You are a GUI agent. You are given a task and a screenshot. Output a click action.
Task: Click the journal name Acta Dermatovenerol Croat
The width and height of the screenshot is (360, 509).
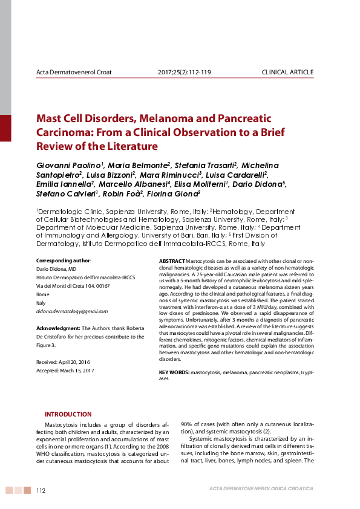click(x=74, y=73)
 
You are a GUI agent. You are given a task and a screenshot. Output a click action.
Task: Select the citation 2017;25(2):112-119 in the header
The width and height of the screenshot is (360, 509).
click(x=184, y=73)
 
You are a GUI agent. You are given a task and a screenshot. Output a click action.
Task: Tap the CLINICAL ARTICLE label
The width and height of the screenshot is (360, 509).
click(x=287, y=73)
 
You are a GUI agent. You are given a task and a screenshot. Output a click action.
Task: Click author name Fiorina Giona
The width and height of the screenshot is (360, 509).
click(x=178, y=193)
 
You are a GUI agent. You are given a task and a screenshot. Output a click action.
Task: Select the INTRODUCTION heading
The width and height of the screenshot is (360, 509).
click(x=68, y=414)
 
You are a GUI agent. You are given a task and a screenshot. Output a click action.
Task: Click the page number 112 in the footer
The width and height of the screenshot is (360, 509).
click(x=41, y=490)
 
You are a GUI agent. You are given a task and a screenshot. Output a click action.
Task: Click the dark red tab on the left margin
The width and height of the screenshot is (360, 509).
click(x=5, y=128)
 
